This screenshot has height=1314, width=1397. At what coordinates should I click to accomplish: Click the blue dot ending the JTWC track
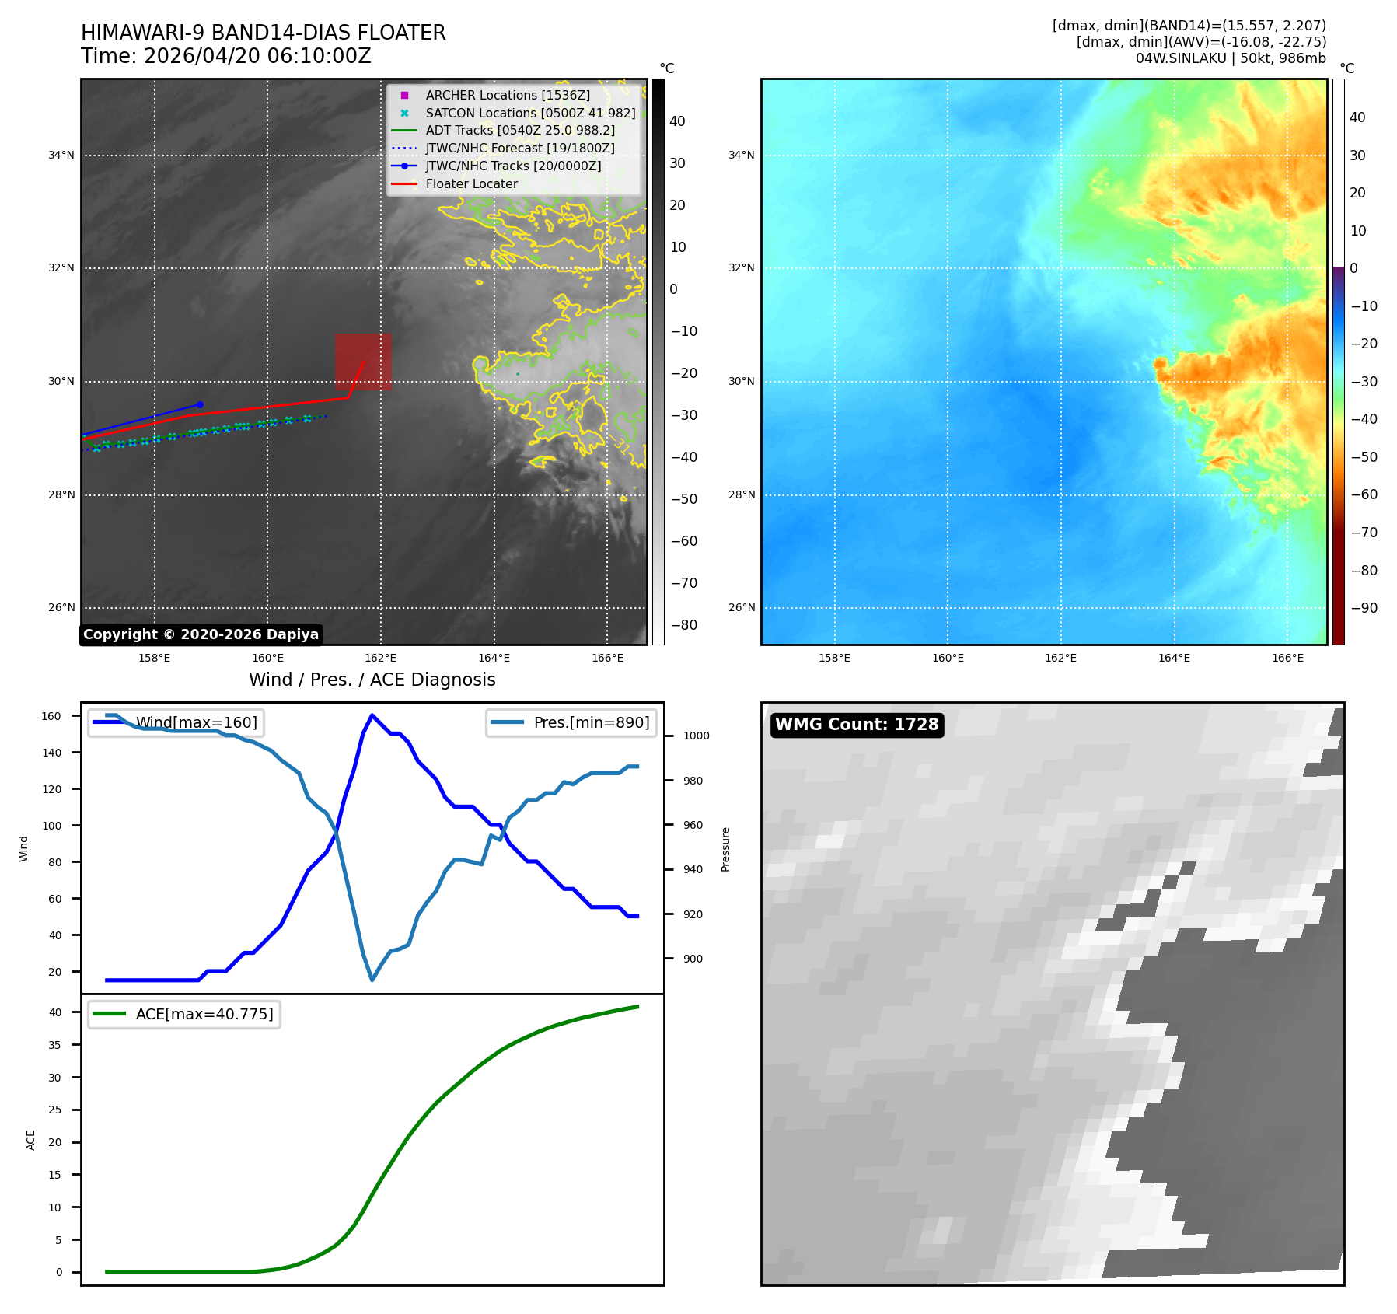tap(200, 404)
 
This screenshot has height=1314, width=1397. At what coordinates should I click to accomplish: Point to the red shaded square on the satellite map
tap(363, 362)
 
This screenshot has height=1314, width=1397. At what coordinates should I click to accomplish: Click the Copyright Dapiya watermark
tap(201, 634)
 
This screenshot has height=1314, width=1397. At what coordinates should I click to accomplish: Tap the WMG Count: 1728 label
tap(857, 725)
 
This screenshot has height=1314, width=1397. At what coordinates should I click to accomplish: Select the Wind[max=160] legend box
tap(176, 722)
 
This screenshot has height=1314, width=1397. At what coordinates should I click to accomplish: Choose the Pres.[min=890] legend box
tap(571, 722)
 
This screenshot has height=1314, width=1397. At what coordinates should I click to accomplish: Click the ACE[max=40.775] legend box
tap(184, 1014)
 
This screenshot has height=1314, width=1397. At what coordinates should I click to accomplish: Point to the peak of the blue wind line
tap(372, 715)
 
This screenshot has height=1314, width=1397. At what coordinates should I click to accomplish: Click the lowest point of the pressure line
tap(372, 980)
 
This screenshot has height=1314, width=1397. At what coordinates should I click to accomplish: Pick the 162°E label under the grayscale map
tap(381, 658)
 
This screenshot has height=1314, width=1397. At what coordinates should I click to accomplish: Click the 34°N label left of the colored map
tap(741, 155)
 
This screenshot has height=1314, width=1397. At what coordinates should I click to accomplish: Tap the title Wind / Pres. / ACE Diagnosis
tap(372, 680)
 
